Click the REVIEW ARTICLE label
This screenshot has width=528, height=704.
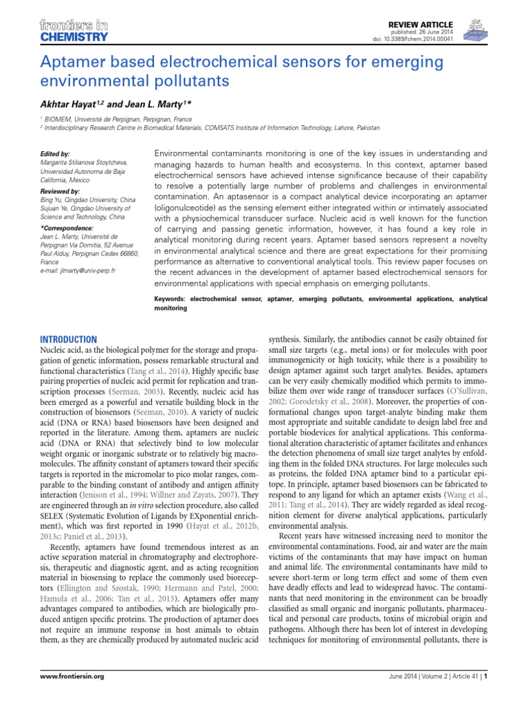[428, 23]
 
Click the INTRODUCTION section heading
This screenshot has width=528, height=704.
[69, 340]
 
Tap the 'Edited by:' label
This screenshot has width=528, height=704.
[56, 153]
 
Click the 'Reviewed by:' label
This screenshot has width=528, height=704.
[60, 190]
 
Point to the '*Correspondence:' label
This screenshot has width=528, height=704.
[65, 228]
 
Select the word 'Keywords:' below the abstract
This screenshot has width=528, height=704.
[174, 300]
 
